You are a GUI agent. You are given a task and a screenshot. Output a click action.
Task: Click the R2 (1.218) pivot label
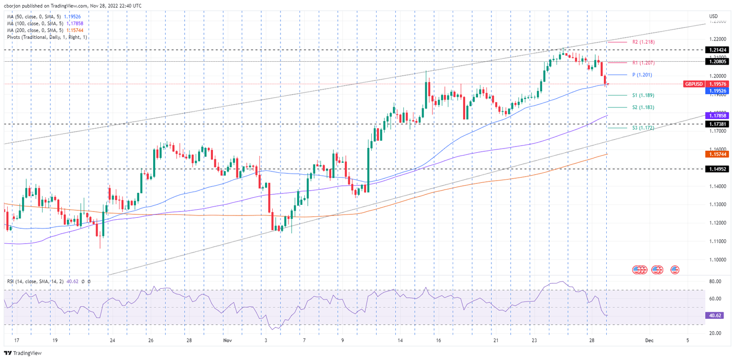pyautogui.click(x=643, y=42)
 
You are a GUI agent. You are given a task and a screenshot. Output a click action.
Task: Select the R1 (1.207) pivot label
pyautogui.click(x=643, y=63)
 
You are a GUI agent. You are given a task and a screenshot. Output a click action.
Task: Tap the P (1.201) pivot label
pyautogui.click(x=642, y=75)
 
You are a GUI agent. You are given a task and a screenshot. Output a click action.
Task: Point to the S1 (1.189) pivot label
pyautogui.click(x=643, y=95)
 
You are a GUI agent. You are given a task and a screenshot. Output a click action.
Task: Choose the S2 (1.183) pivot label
pyautogui.click(x=643, y=108)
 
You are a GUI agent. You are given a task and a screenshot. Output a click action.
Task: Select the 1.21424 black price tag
pyautogui.click(x=717, y=50)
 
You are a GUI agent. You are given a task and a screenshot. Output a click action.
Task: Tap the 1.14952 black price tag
pyautogui.click(x=717, y=169)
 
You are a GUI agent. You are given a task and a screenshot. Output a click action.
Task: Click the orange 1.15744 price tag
pyautogui.click(x=717, y=154)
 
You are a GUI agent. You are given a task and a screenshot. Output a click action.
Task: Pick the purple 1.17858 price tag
pyautogui.click(x=717, y=115)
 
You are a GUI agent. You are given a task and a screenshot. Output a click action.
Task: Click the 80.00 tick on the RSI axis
pyautogui.click(x=715, y=282)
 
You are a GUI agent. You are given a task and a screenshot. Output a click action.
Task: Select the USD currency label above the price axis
pyautogui.click(x=713, y=16)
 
